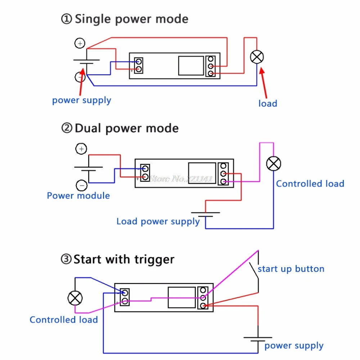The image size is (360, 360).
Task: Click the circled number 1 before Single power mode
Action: click(67, 19)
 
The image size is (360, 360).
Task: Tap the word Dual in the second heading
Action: click(88, 128)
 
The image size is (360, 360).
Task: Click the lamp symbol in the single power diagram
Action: click(257, 57)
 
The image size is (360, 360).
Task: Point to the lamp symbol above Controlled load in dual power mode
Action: click(274, 164)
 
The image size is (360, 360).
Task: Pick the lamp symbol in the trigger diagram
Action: click(75, 298)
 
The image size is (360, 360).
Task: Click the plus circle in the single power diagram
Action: click(80, 43)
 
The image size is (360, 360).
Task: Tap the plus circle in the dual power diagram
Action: click(81, 149)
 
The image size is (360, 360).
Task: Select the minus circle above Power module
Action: click(81, 185)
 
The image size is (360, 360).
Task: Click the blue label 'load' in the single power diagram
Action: click(268, 104)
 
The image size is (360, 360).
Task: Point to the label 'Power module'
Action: click(78, 195)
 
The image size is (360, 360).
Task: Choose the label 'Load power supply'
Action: click(158, 221)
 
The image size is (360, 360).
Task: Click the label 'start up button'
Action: click(291, 269)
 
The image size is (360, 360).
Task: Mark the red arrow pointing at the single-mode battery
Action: click(81, 81)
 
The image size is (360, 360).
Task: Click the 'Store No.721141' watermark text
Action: click(181, 179)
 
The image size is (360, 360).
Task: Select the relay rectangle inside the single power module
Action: click(191, 66)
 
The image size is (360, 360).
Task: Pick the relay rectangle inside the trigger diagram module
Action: click(181, 297)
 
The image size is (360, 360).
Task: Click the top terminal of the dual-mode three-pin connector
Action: click(224, 166)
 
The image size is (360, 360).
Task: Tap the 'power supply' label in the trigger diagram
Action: click(294, 346)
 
